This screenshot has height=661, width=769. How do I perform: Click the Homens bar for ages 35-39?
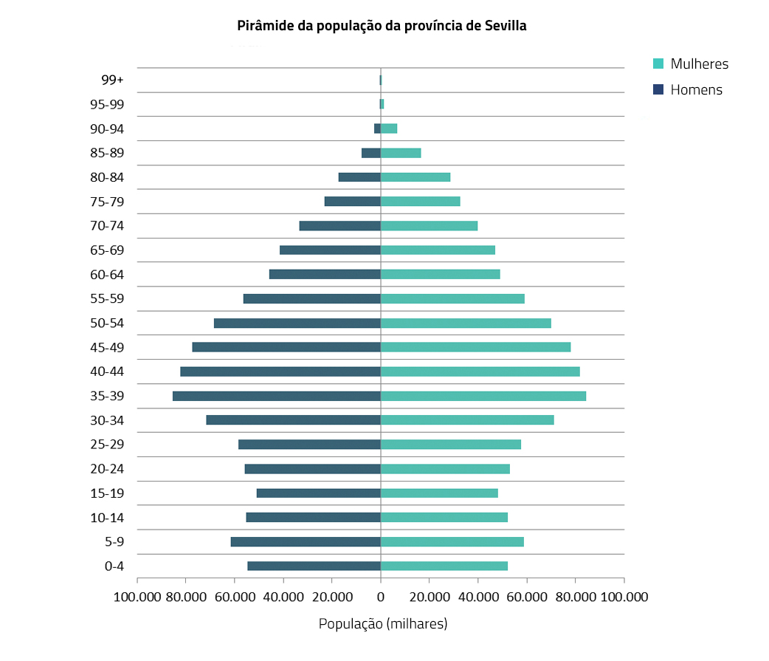(x=277, y=396)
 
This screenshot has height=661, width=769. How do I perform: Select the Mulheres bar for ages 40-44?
(x=480, y=371)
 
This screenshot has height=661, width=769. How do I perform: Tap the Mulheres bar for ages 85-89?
(x=401, y=153)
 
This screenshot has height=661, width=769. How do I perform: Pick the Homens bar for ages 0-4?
(x=314, y=566)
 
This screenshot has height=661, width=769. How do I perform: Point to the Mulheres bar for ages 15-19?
(x=439, y=493)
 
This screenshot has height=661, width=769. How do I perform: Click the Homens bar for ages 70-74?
(x=339, y=226)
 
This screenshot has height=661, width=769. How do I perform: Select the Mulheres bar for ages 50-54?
(x=466, y=323)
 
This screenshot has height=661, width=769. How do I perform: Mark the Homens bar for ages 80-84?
(x=359, y=177)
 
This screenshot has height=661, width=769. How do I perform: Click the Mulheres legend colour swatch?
(x=658, y=64)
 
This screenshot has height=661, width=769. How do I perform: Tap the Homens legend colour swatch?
(x=658, y=90)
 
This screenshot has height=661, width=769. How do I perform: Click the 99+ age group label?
(x=113, y=80)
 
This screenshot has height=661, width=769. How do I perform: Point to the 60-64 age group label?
(x=107, y=275)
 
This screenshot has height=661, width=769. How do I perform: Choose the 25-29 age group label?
(x=107, y=445)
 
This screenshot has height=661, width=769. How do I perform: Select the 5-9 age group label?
(x=114, y=542)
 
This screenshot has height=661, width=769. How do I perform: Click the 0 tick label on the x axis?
(x=381, y=596)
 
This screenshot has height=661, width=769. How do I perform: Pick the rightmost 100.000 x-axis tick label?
(x=624, y=596)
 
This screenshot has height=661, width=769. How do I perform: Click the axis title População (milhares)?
(x=383, y=624)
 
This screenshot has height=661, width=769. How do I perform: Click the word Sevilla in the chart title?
(x=506, y=26)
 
